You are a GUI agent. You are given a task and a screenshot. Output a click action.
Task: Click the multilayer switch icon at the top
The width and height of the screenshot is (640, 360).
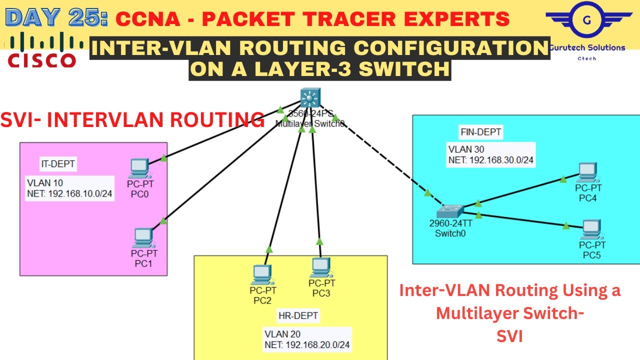(310, 97)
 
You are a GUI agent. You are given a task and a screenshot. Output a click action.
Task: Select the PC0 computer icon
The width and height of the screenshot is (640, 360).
(139, 168)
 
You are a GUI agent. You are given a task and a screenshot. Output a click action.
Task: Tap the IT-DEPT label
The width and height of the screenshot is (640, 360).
(58, 163)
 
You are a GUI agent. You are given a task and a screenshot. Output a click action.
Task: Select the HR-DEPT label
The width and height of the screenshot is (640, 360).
(298, 315)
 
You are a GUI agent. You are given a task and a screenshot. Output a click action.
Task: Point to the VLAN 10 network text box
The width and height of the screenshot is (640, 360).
(69, 188)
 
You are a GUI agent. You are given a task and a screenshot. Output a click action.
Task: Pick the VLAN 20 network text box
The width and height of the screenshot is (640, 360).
(307, 339)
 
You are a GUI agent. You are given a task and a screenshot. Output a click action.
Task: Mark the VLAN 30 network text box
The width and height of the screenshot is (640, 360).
(490, 154)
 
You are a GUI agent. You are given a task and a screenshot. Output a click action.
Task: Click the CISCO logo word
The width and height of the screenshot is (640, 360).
(42, 60)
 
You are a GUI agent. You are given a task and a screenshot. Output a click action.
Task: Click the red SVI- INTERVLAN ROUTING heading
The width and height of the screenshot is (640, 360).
(132, 120)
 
